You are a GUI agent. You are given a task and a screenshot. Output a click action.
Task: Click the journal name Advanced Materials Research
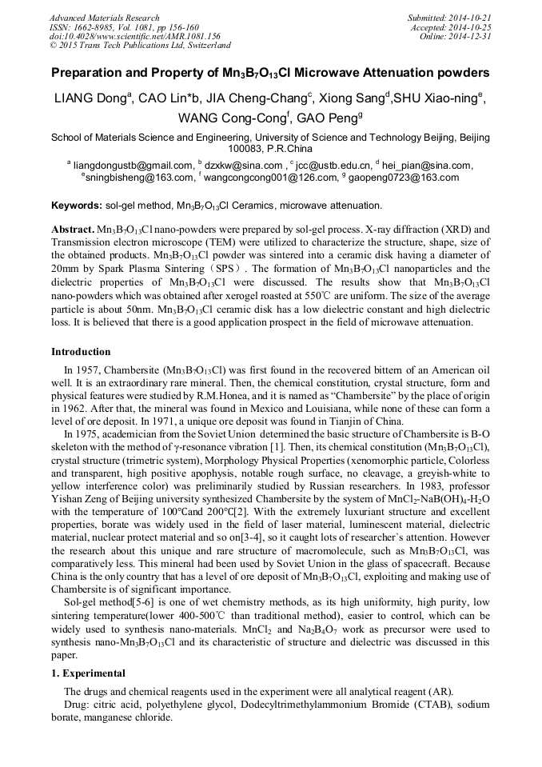pos(105,18)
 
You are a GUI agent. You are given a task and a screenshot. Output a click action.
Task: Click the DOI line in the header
pos(135,37)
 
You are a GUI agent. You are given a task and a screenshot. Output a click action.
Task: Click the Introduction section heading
pos(82,351)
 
